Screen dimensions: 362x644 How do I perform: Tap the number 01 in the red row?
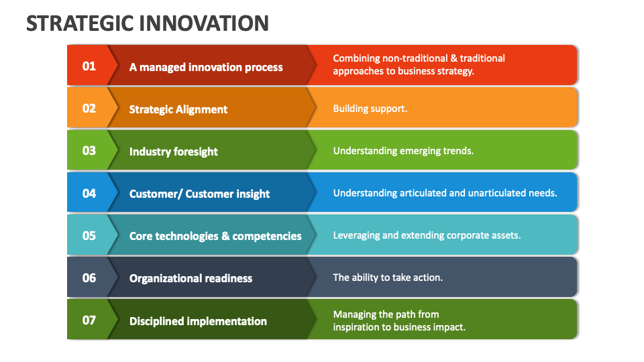pos(89,66)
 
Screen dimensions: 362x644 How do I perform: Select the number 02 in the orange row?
pos(89,109)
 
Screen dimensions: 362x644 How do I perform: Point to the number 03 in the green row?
pos(89,151)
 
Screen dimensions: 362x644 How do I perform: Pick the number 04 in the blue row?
pos(89,194)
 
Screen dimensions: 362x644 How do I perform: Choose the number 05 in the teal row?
pos(89,236)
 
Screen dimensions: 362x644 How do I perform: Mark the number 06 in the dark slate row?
pos(89,278)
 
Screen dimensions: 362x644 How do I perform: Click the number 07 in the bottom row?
pos(89,320)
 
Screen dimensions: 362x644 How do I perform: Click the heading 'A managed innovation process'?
pos(206,67)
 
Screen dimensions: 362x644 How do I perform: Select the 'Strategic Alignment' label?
pos(178,109)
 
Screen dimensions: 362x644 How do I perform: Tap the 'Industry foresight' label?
pos(174,152)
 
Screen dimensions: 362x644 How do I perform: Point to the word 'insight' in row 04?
pos(252,194)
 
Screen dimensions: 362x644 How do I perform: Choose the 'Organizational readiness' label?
pos(191,278)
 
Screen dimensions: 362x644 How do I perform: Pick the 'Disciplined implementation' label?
pos(198,321)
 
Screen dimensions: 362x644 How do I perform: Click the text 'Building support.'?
pos(370,109)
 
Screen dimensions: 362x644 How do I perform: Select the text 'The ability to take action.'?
pos(388,278)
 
